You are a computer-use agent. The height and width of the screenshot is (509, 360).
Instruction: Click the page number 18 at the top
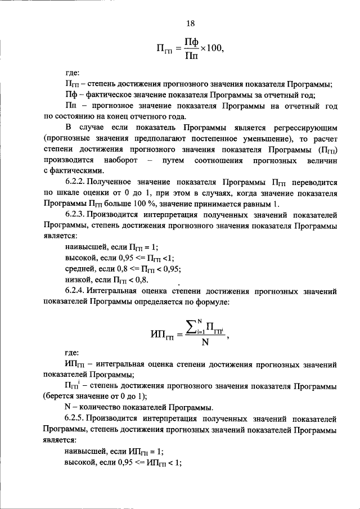point(190,23)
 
